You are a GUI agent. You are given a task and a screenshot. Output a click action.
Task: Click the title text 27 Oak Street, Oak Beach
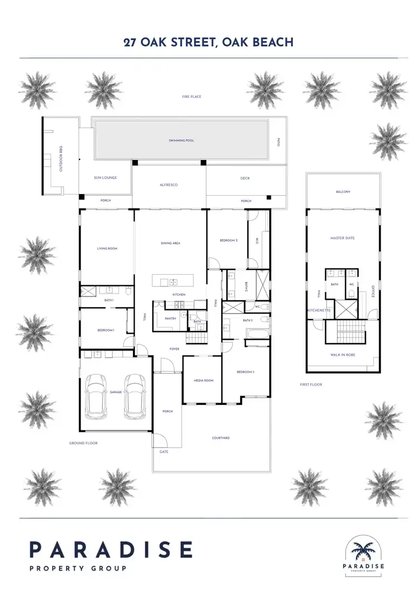coord(209,42)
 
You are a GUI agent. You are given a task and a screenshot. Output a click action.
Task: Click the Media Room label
coord(203,381)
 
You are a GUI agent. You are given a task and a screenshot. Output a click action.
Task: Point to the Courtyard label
coord(221,438)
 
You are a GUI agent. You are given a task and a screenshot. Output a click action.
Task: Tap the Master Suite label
coord(342,238)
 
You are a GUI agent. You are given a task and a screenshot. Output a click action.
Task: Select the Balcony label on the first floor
coord(343,192)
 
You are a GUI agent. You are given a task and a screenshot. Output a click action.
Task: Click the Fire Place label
coord(191,97)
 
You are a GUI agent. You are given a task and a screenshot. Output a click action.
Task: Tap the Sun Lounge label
coord(105,178)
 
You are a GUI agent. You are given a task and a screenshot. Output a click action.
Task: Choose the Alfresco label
coord(168,185)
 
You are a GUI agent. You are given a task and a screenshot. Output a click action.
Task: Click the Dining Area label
coord(170,243)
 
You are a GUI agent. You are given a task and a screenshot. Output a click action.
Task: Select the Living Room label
coord(107,249)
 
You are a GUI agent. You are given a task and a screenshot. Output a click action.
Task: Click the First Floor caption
coord(311,384)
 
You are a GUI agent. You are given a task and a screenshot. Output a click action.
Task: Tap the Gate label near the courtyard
coord(164,452)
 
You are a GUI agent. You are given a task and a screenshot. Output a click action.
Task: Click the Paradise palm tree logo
coord(364,549)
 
